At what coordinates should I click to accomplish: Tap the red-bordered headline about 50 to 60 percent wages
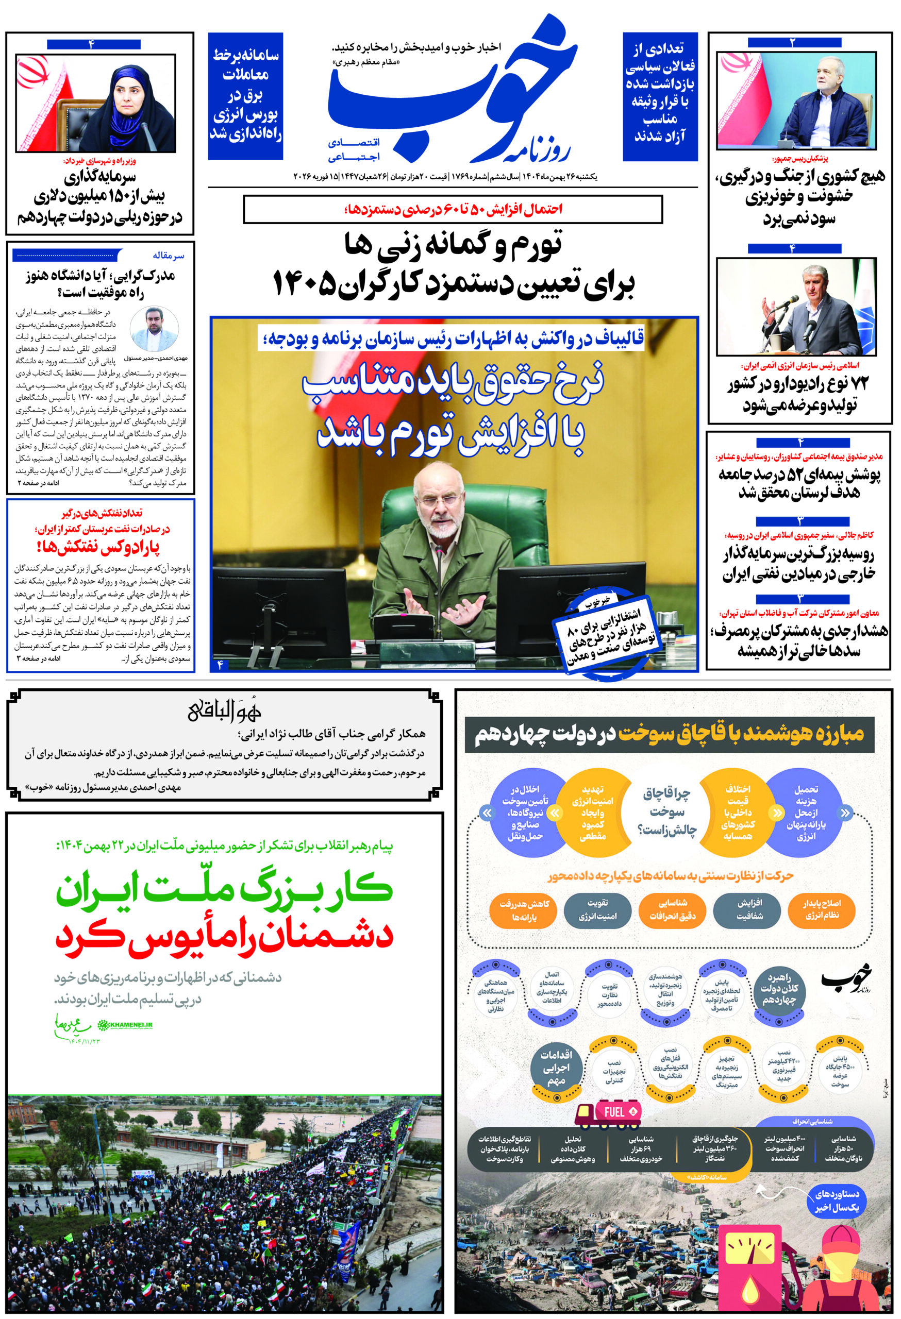[453, 209]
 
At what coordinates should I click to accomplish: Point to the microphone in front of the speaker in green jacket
[438, 568]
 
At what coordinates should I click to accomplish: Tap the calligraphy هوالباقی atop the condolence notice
[224, 712]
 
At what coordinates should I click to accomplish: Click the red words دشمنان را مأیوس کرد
[224, 934]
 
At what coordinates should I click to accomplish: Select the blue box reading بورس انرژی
[245, 95]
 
